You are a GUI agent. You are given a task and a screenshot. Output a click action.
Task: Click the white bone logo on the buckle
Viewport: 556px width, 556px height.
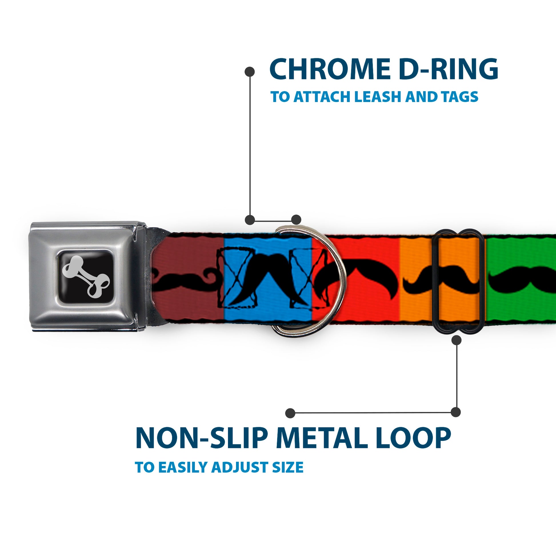pos(86,276)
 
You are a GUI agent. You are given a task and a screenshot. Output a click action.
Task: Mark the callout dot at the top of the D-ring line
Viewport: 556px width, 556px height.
pos(249,72)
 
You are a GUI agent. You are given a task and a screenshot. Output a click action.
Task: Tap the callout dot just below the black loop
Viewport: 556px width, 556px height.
pos(456,340)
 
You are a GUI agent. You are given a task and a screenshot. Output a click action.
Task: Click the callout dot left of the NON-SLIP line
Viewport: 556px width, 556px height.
pos(290,413)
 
